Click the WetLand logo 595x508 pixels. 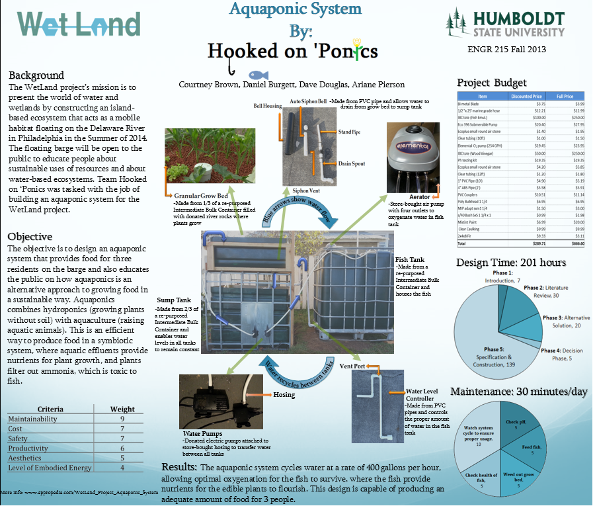(x=79, y=24)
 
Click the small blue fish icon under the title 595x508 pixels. (x=257, y=74)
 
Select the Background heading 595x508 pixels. (x=36, y=75)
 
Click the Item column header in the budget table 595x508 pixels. (x=483, y=96)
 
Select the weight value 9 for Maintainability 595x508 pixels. (x=122, y=419)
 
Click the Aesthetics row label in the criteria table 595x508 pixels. (x=24, y=458)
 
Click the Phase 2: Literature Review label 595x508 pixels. (x=551, y=292)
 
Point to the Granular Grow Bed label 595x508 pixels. (x=204, y=196)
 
